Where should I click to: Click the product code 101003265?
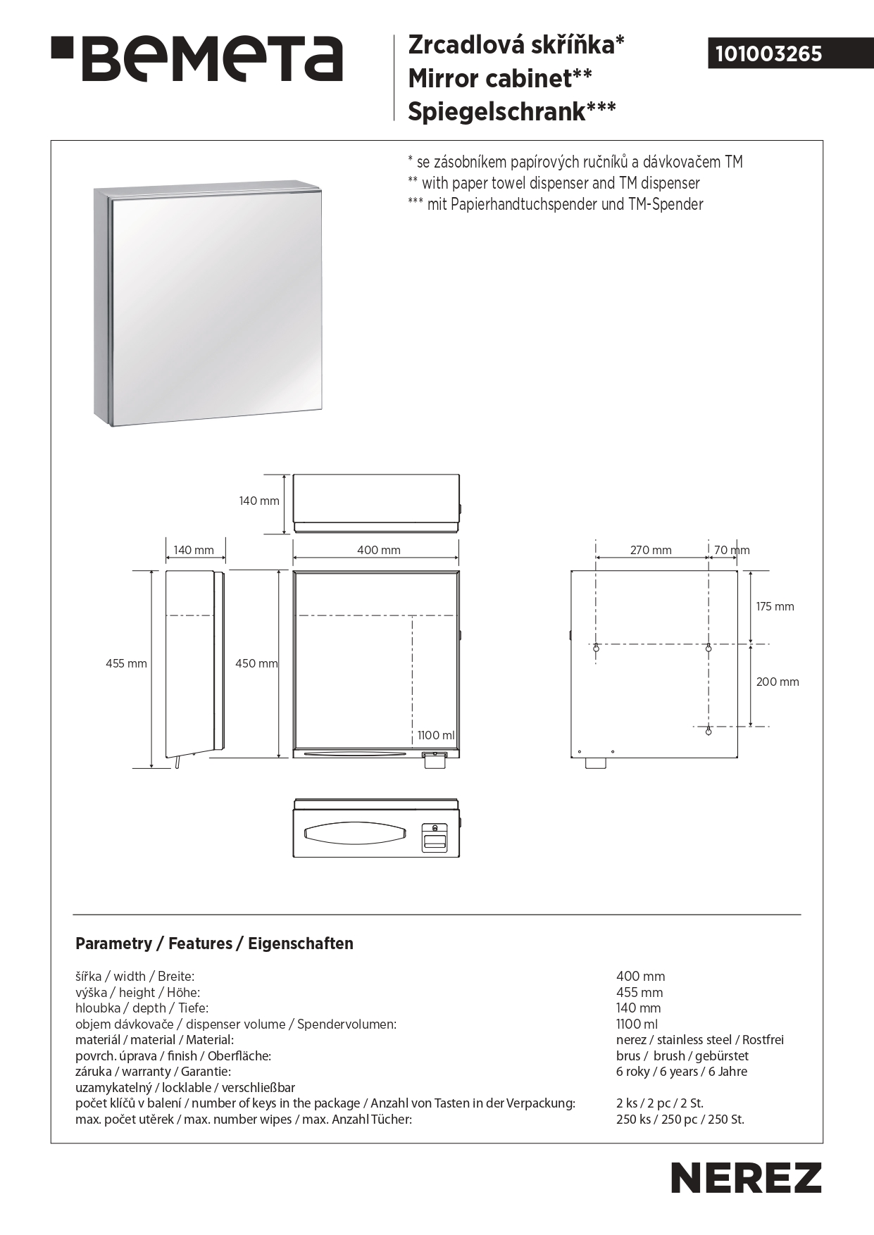768,54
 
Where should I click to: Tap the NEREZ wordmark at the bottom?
746,1177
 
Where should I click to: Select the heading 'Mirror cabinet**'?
499,78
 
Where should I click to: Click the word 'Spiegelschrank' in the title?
497,111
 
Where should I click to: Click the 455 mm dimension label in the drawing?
126,663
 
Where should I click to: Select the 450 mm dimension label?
256,663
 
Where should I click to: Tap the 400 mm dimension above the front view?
378,550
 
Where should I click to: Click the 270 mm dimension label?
650,550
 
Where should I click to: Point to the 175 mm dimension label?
775,606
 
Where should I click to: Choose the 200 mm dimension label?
778,682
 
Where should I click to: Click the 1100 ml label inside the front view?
436,735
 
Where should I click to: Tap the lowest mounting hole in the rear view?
708,732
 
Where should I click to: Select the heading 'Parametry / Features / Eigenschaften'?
214,944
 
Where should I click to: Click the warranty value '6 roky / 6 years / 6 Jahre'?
681,1072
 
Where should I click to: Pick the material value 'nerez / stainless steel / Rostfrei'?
699,1040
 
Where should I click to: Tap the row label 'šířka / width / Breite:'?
135,977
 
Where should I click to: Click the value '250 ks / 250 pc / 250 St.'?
680,1120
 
